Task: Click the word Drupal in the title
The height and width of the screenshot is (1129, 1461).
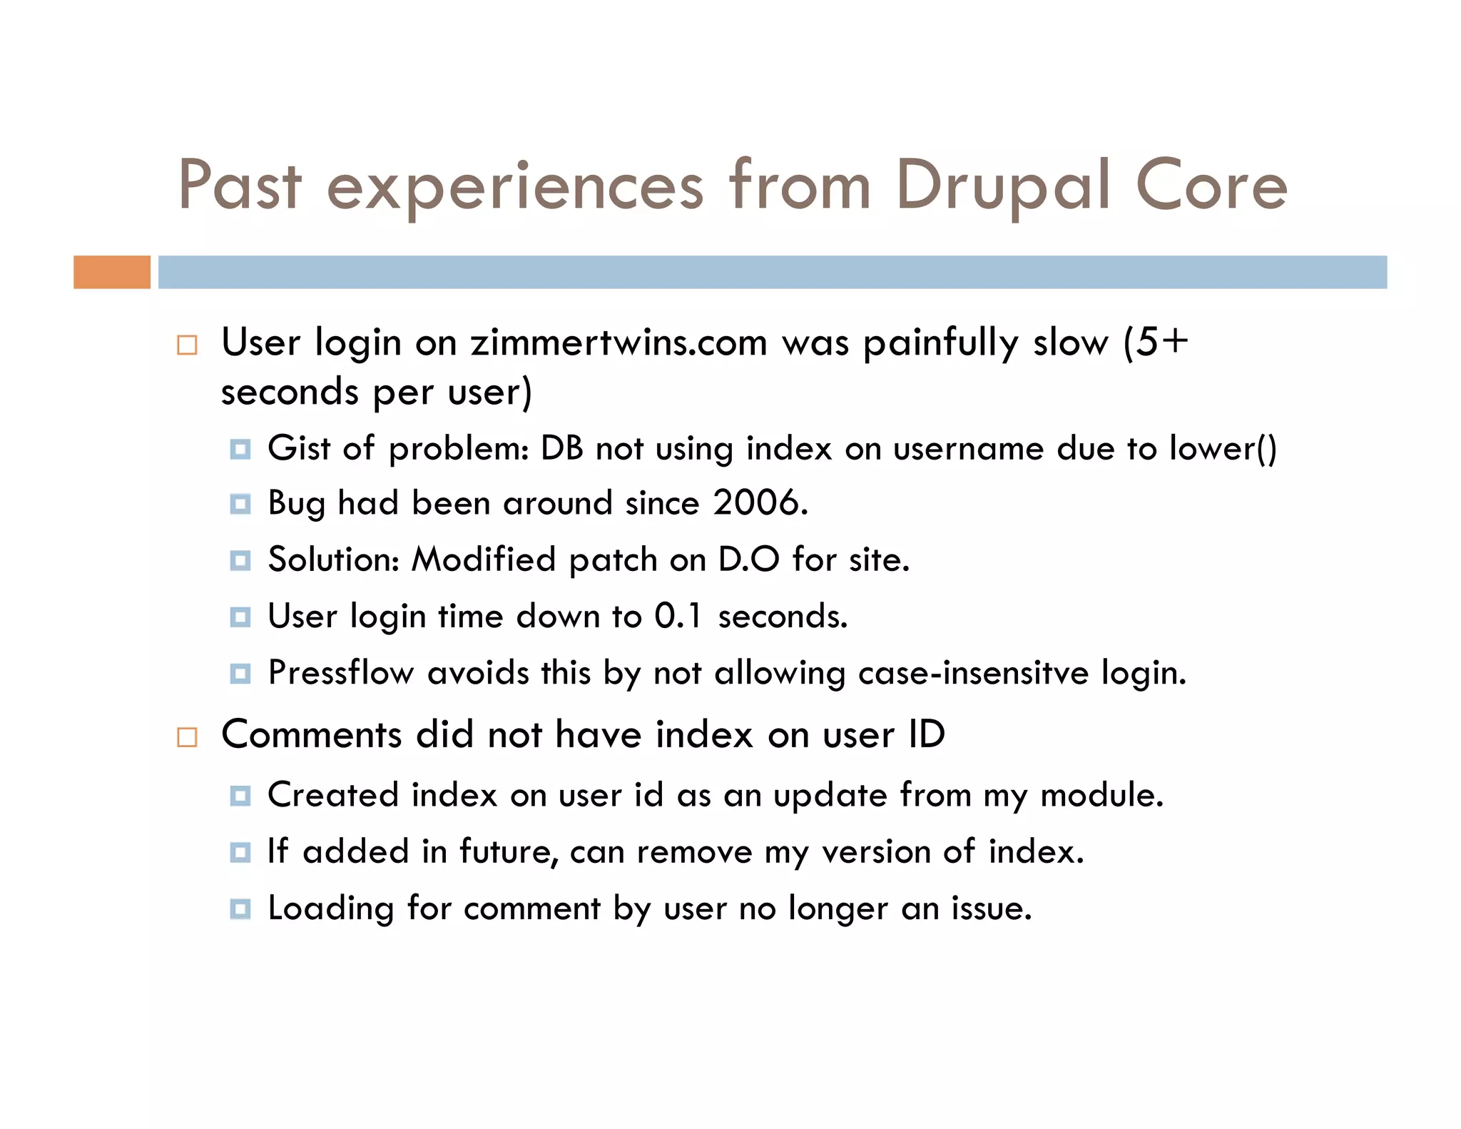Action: coord(1002,187)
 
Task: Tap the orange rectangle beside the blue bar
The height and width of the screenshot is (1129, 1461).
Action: coord(112,272)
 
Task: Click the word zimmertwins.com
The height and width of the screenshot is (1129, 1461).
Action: coord(618,343)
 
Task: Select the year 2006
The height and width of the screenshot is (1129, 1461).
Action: coord(760,502)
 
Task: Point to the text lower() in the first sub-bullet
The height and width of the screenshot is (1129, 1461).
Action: coord(1223,448)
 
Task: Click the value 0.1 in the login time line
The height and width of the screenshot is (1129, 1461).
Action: coord(678,616)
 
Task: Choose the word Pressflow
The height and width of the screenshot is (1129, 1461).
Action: coord(340,672)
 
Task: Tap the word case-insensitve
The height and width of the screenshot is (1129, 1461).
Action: coord(973,672)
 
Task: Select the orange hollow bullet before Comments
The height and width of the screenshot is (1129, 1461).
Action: coord(187,737)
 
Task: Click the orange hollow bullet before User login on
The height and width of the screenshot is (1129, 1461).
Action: coord(187,345)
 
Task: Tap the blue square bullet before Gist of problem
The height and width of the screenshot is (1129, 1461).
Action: coord(240,450)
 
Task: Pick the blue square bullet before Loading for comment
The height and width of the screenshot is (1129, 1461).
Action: coord(240,909)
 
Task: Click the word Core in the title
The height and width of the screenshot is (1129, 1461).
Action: coord(1211,187)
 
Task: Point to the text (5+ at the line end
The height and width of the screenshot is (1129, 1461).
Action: coord(1156,343)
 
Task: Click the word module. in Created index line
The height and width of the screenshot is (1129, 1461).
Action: coord(1102,795)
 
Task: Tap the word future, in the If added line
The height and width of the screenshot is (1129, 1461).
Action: coord(508,852)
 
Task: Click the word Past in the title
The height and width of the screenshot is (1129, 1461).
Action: coord(240,187)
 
